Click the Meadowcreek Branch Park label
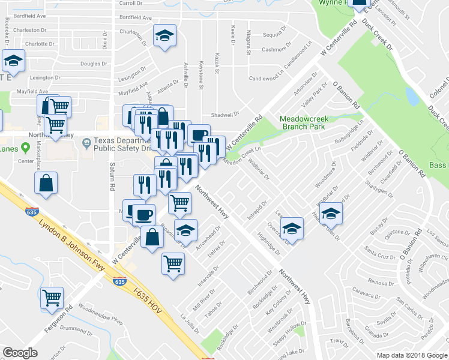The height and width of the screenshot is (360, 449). [303, 122]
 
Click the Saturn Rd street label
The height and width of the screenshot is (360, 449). [112, 176]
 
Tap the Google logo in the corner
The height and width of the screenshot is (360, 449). [20, 353]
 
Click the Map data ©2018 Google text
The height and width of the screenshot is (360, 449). [412, 355]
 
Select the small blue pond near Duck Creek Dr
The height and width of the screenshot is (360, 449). [412, 96]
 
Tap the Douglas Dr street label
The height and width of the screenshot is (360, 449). [94, 64]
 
